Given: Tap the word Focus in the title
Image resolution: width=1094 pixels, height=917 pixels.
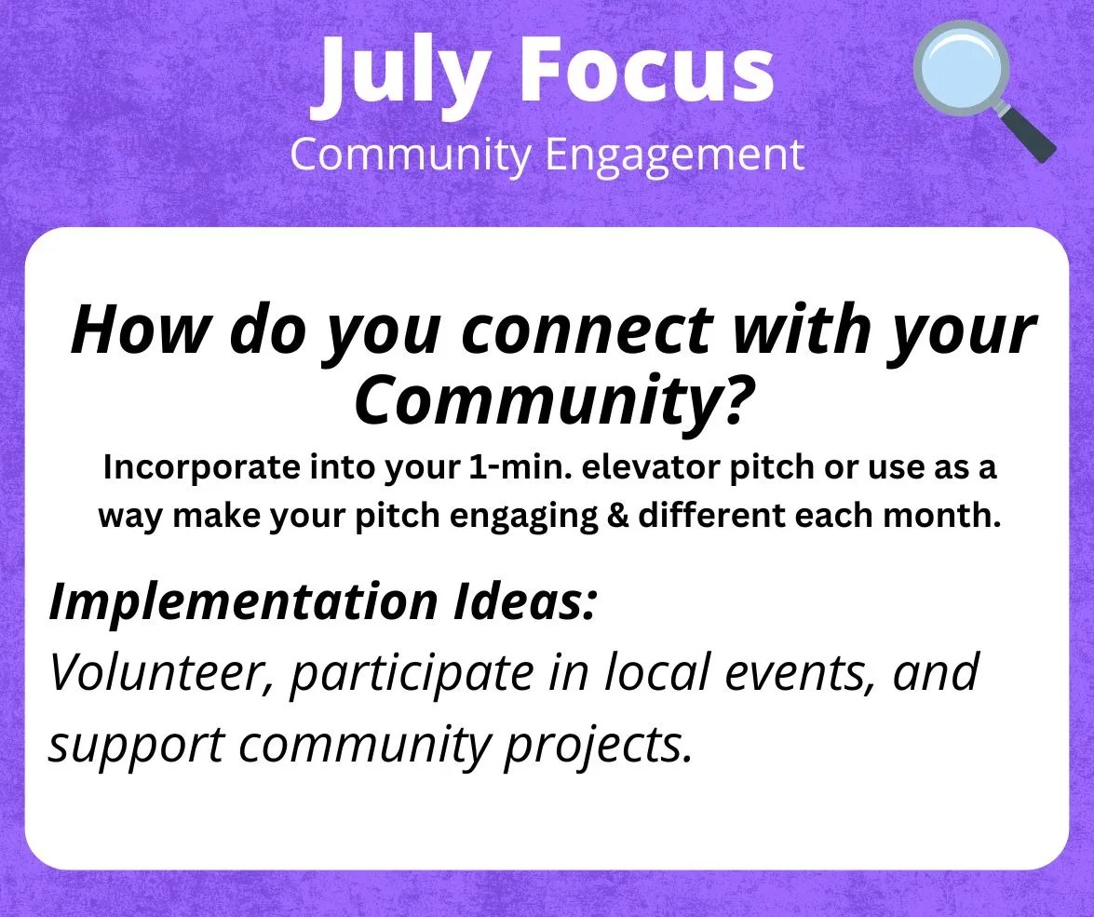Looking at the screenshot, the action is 647,68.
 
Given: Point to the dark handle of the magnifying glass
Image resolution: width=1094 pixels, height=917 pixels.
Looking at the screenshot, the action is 1027,133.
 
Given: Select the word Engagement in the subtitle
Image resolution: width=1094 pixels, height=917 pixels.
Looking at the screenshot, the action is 675,155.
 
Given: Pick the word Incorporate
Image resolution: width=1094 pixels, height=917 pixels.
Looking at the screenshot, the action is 201,467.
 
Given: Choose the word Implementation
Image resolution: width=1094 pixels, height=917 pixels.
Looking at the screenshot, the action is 243,601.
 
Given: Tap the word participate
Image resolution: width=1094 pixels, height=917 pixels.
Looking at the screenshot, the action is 411,674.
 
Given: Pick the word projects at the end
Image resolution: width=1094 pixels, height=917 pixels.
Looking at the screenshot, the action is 598,747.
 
